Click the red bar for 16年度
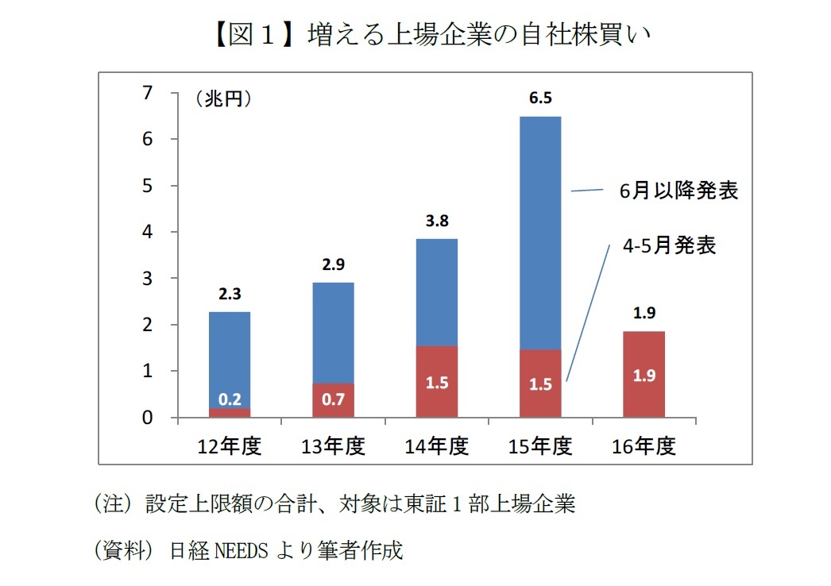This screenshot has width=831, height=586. pos(644,374)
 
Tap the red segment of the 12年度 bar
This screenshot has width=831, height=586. pos(230,412)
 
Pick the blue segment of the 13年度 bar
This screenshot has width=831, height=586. pos(333,333)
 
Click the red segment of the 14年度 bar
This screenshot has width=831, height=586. pos(437,381)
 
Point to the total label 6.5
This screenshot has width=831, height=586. pos(540,98)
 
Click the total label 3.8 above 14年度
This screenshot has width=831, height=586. pos(437,221)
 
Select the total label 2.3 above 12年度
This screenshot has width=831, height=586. pos(230,294)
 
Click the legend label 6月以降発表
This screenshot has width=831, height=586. pos(679,191)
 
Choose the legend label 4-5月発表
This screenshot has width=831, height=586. pos(669,245)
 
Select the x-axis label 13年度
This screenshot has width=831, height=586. pos(333,446)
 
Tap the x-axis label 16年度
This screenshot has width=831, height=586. pos(644,446)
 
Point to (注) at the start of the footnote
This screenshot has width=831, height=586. pos(114,504)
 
